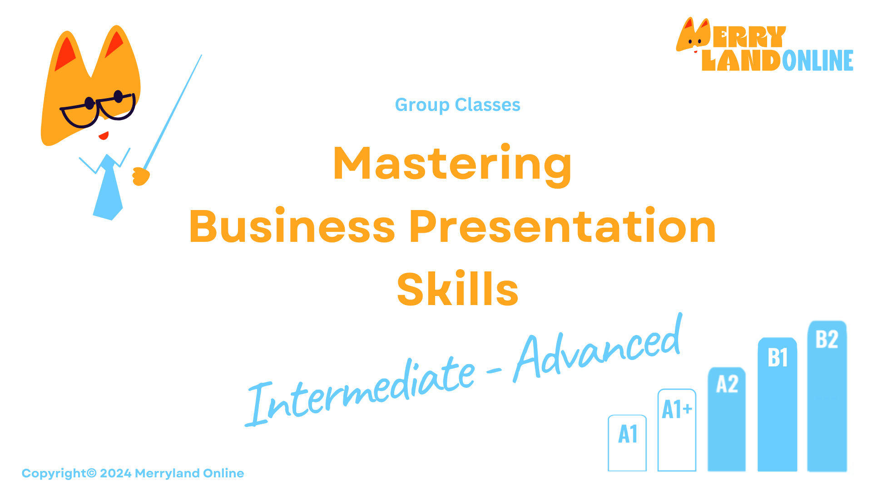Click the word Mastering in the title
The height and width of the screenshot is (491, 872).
(452, 165)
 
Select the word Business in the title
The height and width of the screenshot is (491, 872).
(292, 226)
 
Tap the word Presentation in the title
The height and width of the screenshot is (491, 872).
(563, 226)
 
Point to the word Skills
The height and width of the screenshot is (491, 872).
(458, 288)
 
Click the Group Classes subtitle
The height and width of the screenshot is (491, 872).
(458, 105)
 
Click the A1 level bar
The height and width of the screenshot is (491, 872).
(627, 443)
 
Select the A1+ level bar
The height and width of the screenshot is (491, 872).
(677, 430)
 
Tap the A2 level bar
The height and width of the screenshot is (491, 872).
(727, 419)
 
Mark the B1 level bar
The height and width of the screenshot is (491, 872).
(778, 404)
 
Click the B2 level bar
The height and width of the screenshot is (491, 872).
(827, 396)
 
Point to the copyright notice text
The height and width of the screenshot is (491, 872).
(133, 473)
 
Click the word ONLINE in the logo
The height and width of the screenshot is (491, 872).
(817, 60)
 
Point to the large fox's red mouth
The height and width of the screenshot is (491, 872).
(104, 135)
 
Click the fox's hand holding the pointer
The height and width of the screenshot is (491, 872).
(141, 176)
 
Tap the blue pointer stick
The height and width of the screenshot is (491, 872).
(173, 112)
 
